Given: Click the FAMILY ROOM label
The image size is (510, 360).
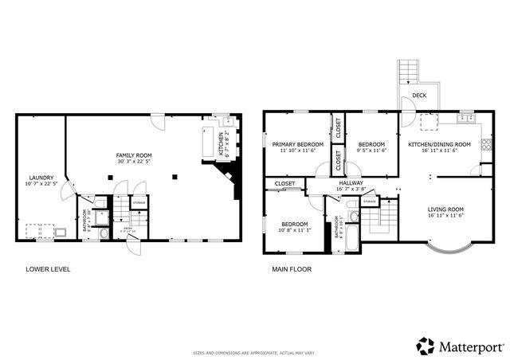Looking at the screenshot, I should [134, 155].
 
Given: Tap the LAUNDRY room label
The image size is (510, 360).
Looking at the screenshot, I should [41, 178].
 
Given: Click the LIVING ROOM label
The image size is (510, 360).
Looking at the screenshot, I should [445, 209].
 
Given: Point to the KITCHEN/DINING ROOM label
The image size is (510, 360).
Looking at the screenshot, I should [439, 144].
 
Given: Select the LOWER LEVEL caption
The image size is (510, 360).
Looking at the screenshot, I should [48, 269].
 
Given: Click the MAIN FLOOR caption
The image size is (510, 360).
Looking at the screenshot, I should [292, 269].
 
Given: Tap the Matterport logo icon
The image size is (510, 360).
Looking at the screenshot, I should [426, 346].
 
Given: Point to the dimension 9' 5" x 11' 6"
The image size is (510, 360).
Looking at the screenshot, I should [371, 151].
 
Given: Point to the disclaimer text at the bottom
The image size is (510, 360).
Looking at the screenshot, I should [254, 353].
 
